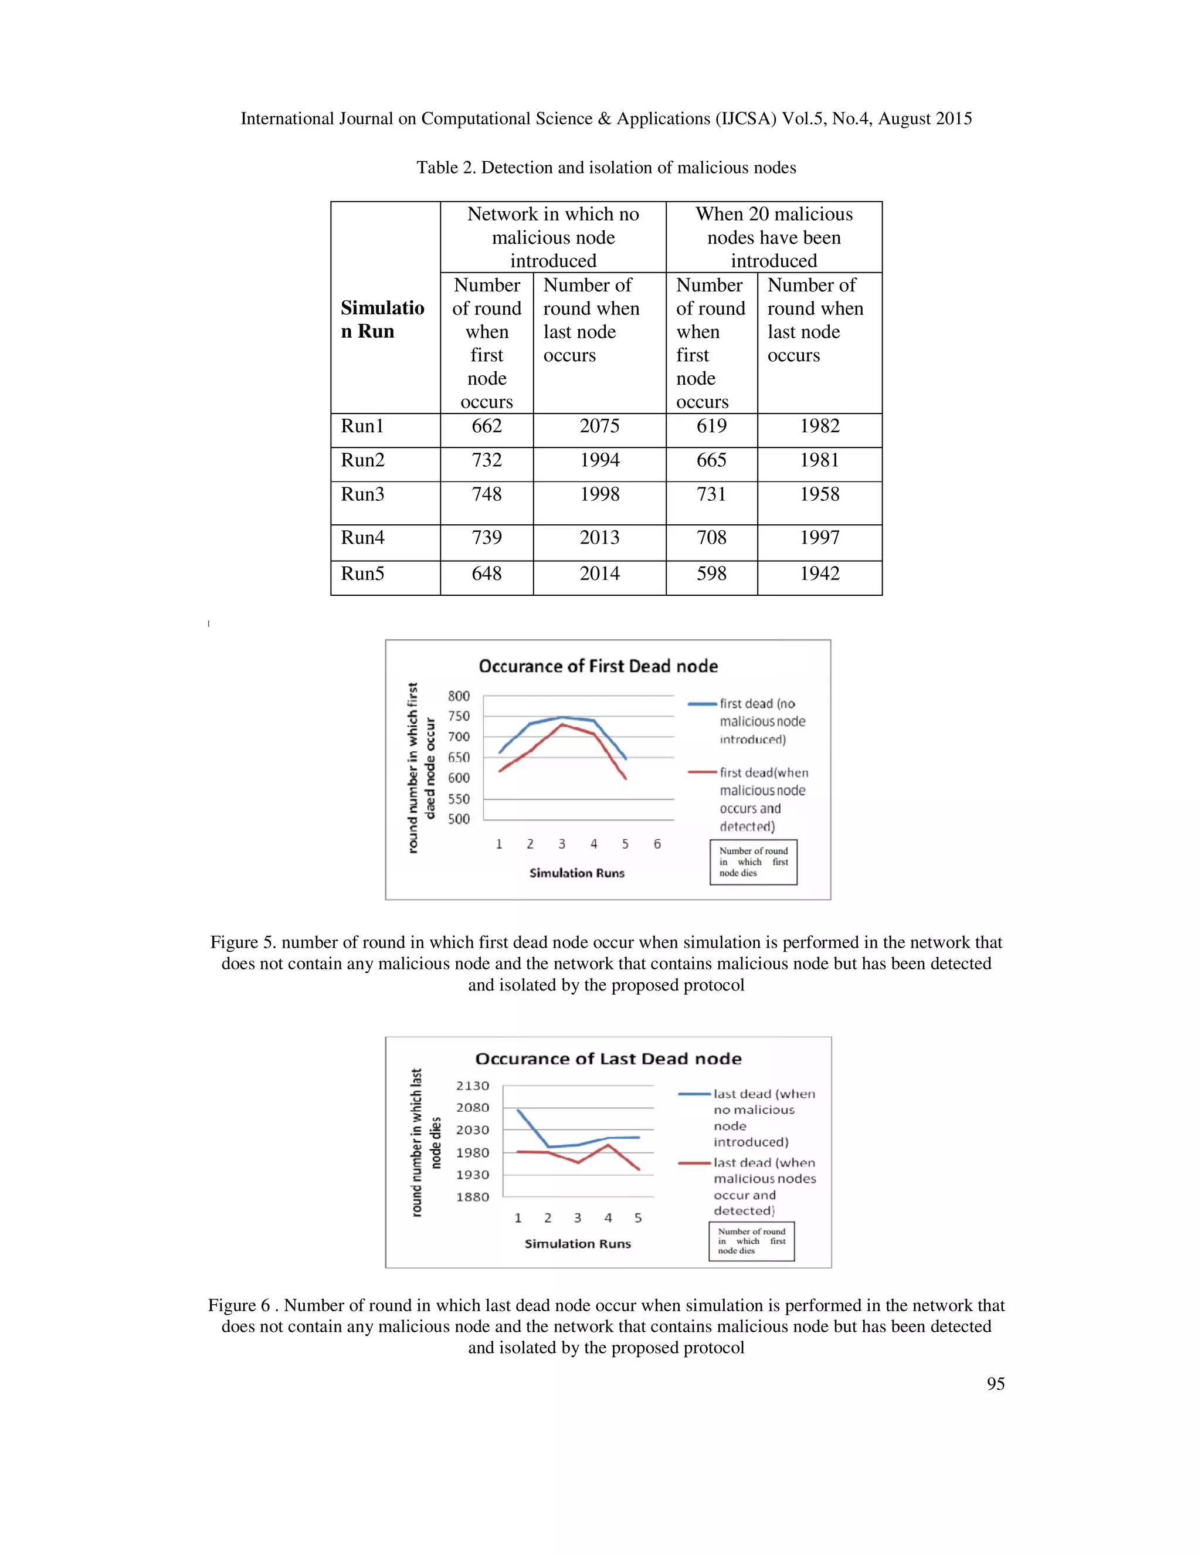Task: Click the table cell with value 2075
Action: [x=599, y=426]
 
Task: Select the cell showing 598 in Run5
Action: [x=711, y=574]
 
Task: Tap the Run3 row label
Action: [x=362, y=494]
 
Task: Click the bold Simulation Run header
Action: [x=382, y=320]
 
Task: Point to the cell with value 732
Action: [x=487, y=460]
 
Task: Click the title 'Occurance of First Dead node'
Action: [x=598, y=666]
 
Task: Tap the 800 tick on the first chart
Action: [x=459, y=696]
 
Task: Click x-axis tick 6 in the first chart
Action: [x=657, y=844]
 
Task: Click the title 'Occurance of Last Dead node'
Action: [x=608, y=1058]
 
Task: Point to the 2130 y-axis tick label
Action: [x=473, y=1086]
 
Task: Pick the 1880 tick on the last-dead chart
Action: [x=473, y=1197]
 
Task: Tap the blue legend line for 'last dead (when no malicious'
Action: [x=694, y=1094]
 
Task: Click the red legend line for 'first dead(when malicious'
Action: [x=702, y=772]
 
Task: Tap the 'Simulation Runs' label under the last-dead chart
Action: [x=577, y=1244]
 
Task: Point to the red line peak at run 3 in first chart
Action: [x=561, y=724]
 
